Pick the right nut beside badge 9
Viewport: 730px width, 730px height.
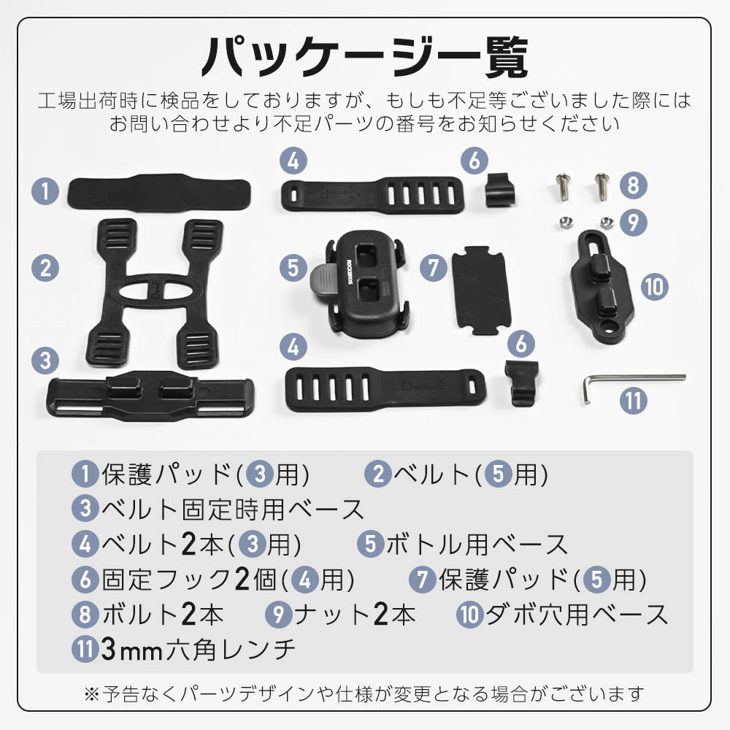606,223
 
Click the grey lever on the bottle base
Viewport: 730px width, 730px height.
325,283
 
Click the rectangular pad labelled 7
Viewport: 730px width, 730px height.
481,289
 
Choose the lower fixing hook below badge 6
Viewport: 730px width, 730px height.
521,383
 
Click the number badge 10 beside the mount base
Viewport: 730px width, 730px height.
654,287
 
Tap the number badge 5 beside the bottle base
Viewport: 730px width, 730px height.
293,268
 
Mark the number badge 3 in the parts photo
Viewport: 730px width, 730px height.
45,361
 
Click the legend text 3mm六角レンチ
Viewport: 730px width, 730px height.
199,650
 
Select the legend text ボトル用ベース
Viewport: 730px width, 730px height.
477,544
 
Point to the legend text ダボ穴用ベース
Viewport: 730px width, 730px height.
577,614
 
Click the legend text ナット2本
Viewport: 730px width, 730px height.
355,614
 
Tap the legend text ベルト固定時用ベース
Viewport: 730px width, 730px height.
233,509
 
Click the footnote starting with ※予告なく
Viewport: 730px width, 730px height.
364,693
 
